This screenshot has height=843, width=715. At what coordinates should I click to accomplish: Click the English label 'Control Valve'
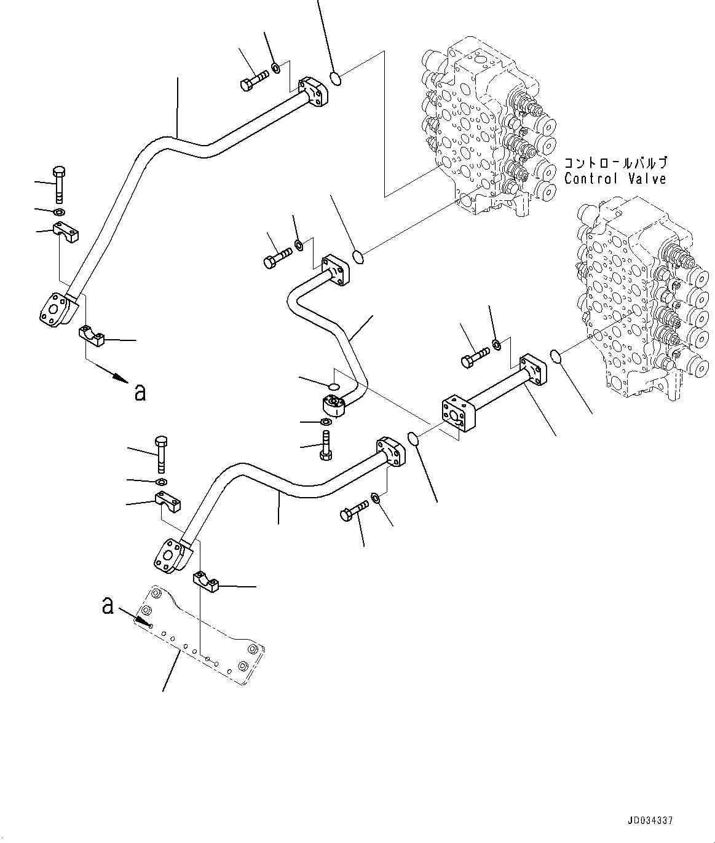click(615, 179)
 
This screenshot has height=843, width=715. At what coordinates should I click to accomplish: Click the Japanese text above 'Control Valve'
click(615, 163)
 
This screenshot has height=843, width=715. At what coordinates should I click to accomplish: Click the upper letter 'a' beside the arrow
click(140, 393)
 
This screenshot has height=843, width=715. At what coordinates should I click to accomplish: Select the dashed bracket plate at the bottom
click(203, 639)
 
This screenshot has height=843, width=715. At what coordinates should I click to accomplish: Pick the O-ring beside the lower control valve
click(555, 356)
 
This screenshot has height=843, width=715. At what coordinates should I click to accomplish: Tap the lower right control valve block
click(639, 289)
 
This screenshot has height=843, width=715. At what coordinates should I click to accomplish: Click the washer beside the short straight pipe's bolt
click(497, 345)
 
